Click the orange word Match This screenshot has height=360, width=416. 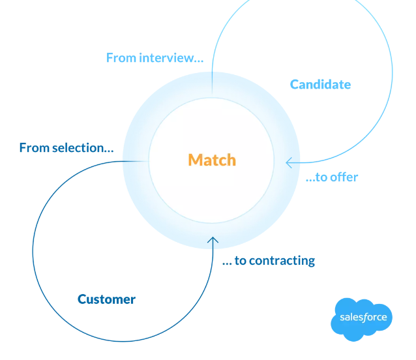click(x=212, y=160)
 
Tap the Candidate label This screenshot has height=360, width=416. click(x=320, y=84)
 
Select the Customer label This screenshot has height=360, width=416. click(x=106, y=299)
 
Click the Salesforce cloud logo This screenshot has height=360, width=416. click(x=363, y=319)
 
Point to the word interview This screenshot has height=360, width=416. click(x=171, y=57)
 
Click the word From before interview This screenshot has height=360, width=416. click(x=121, y=57)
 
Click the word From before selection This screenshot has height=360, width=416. click(x=35, y=148)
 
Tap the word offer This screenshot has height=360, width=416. click(x=344, y=177)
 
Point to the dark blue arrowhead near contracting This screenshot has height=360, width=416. click(x=213, y=241)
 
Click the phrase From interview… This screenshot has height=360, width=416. click(x=155, y=57)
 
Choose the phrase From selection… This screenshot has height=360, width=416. click(x=66, y=148)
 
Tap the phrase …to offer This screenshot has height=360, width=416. click(x=331, y=177)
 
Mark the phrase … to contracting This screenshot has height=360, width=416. click(x=268, y=261)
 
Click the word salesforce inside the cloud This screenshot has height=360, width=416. click(x=363, y=318)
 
